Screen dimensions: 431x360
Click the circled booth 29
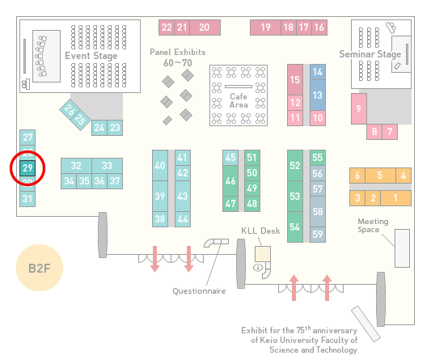(x=27, y=168)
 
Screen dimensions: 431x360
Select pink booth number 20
(x=205, y=28)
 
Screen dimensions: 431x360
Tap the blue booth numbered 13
(x=318, y=95)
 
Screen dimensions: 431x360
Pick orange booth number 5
(x=380, y=176)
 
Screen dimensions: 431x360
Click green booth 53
(x=295, y=196)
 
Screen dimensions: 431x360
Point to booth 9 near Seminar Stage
(x=359, y=108)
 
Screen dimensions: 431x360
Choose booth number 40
(x=160, y=165)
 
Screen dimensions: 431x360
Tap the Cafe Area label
(x=239, y=100)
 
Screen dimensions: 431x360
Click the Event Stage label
(x=91, y=56)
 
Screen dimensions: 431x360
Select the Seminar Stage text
(x=370, y=54)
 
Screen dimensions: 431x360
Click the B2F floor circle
(x=40, y=268)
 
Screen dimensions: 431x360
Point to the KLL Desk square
(x=263, y=254)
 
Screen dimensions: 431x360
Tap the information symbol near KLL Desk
(x=258, y=267)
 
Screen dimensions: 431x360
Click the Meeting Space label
(x=373, y=226)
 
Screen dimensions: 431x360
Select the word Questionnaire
(x=199, y=291)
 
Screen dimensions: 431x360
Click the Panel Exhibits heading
(x=178, y=53)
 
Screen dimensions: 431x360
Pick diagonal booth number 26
(x=69, y=110)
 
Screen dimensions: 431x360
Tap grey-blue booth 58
(x=318, y=211)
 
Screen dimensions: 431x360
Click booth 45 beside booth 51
(x=230, y=158)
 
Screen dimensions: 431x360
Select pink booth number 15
(x=295, y=80)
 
